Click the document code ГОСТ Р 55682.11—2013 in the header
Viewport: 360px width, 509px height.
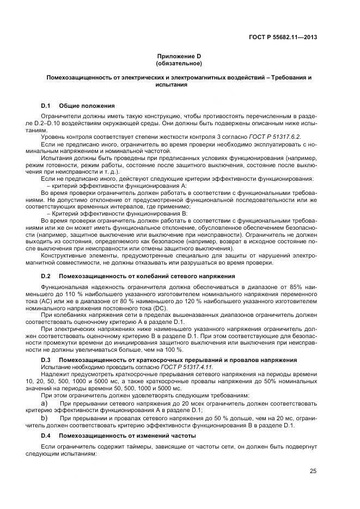pos(283,37)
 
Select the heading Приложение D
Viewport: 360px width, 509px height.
pos(179,56)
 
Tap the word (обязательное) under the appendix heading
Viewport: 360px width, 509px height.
pos(179,63)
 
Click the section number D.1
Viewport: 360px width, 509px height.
pos(46,105)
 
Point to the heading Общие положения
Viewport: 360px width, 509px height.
pos(87,105)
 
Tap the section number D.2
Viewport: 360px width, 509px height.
pos(46,276)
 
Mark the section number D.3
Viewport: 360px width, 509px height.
pos(46,360)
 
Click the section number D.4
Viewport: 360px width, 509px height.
pos(46,436)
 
